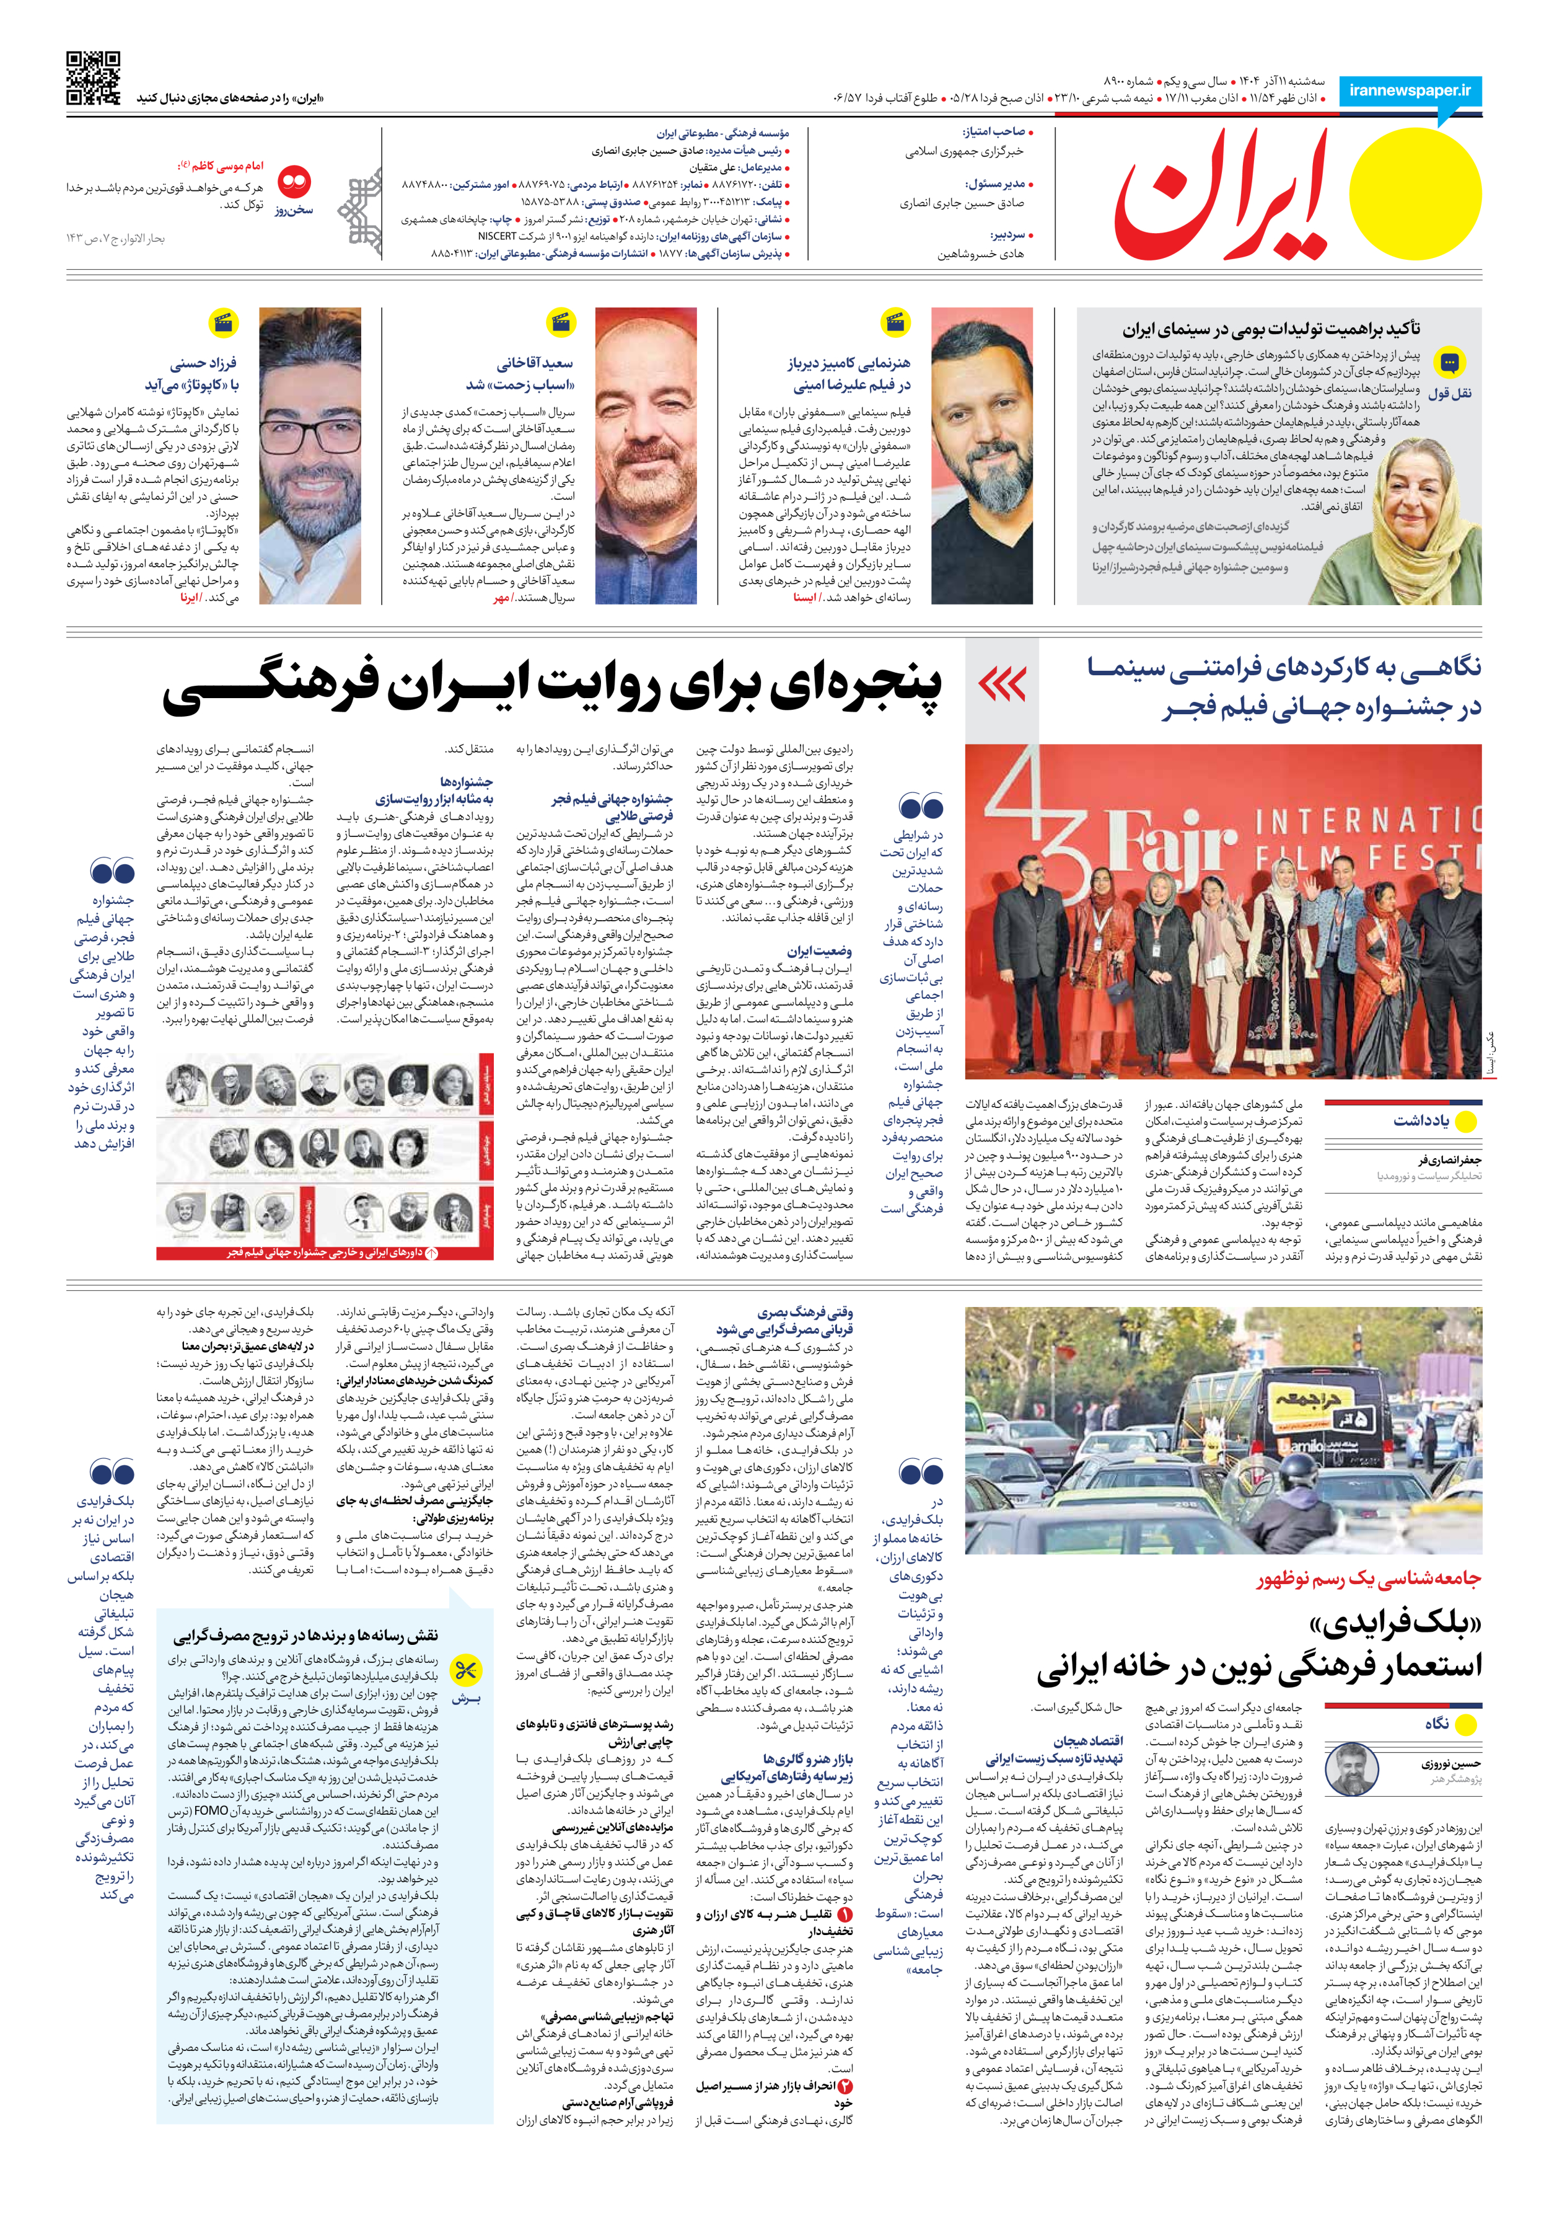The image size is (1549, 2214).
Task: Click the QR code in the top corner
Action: click(x=94, y=78)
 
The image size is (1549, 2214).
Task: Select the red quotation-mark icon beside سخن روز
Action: click(x=294, y=180)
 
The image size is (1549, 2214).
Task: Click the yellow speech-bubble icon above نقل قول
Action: click(x=1449, y=363)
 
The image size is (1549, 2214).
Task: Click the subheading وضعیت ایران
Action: click(x=818, y=951)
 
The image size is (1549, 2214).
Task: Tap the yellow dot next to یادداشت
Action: click(x=1466, y=1122)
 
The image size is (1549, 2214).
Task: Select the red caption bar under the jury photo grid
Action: click(x=325, y=1252)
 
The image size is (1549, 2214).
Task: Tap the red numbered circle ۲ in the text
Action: click(x=845, y=2086)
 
